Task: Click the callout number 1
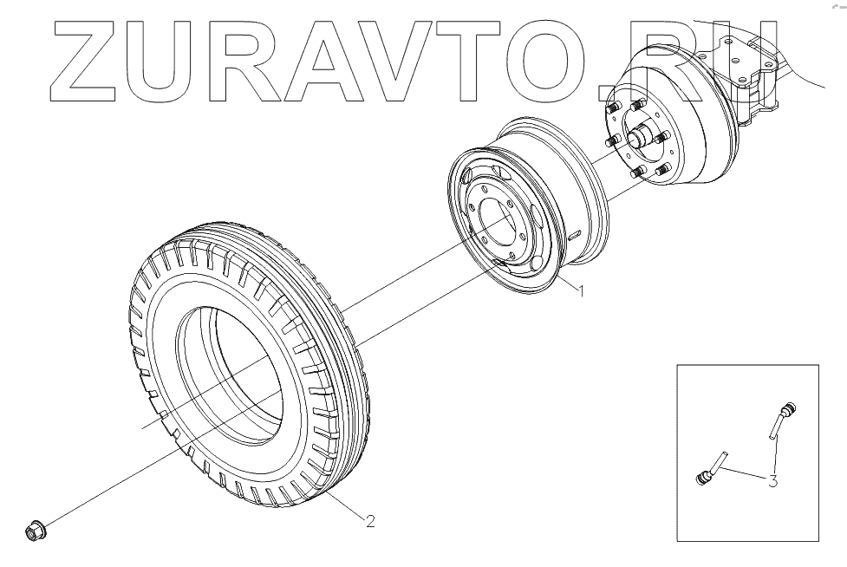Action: [x=581, y=292]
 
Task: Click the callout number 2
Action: [x=370, y=521]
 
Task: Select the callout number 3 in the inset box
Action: [x=772, y=479]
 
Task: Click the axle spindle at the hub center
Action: [x=642, y=136]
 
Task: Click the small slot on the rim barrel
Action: [x=573, y=235]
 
